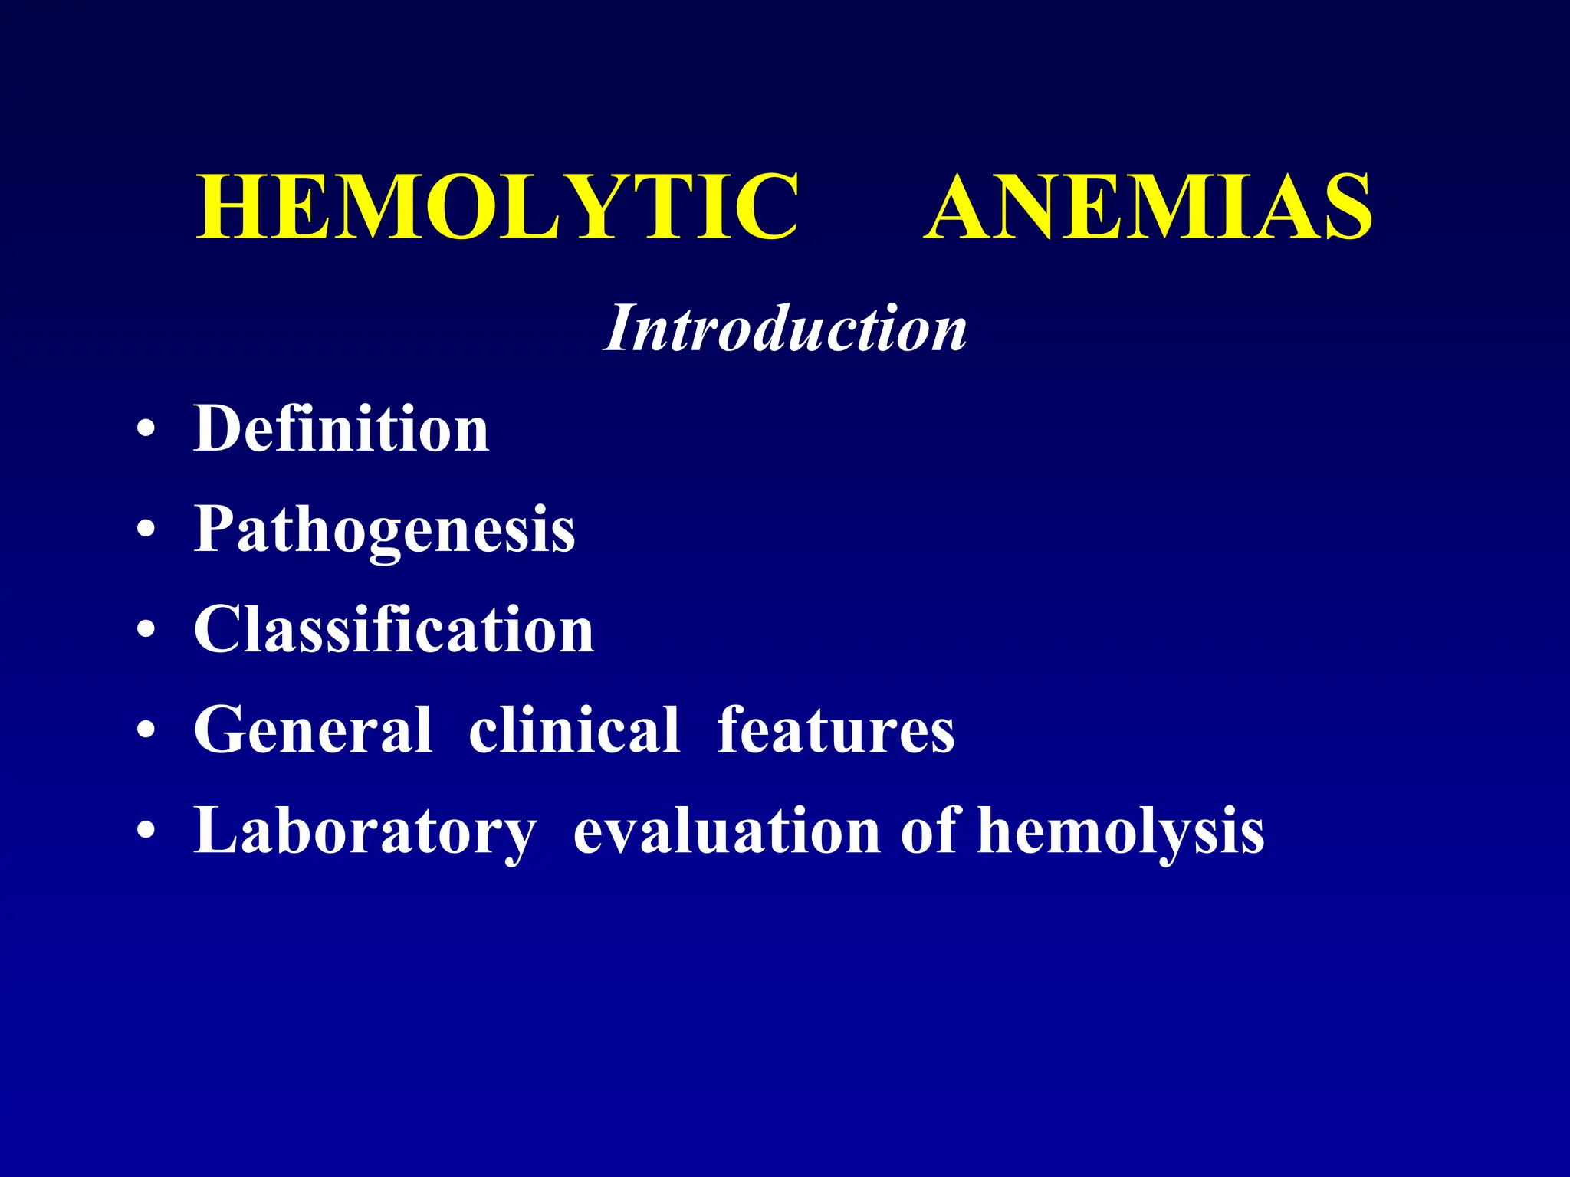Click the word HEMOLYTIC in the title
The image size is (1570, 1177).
click(x=498, y=207)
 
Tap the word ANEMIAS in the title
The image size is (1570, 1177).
click(x=1148, y=207)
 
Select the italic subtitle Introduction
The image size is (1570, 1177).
click(x=785, y=328)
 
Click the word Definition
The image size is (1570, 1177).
click(x=341, y=428)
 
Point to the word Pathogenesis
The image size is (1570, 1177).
click(x=384, y=529)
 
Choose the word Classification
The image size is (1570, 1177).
click(x=394, y=629)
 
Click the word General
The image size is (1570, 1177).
click(x=313, y=730)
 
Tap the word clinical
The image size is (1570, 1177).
click(x=574, y=730)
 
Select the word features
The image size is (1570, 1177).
click(x=836, y=730)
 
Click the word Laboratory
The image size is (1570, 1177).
click(x=365, y=831)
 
